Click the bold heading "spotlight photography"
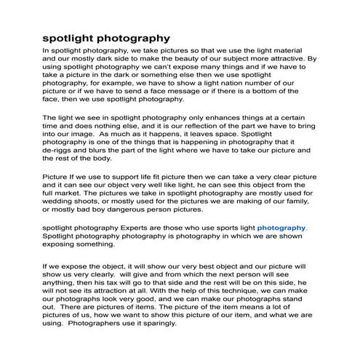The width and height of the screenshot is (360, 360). [106, 36]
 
